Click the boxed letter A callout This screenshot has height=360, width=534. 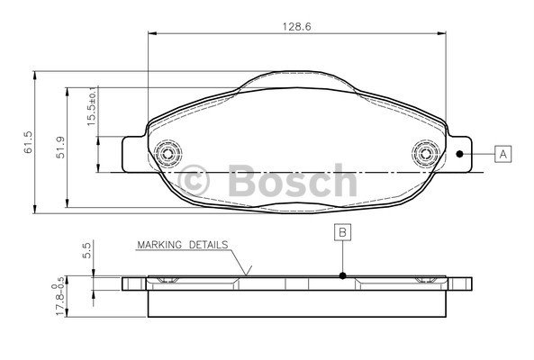pos(502,154)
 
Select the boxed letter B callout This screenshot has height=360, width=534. pos(343,231)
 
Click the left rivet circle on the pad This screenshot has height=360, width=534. pos(167,154)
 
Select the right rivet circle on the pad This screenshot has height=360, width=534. pos(423,154)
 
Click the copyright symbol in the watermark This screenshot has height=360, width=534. pos(197,179)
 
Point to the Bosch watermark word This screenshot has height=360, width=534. pos(287,179)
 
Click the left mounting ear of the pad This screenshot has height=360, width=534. pos(132,154)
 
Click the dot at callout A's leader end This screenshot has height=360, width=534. pos(460,154)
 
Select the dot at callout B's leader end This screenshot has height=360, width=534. pos(343,276)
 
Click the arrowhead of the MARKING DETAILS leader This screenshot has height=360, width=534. pos(248,273)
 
